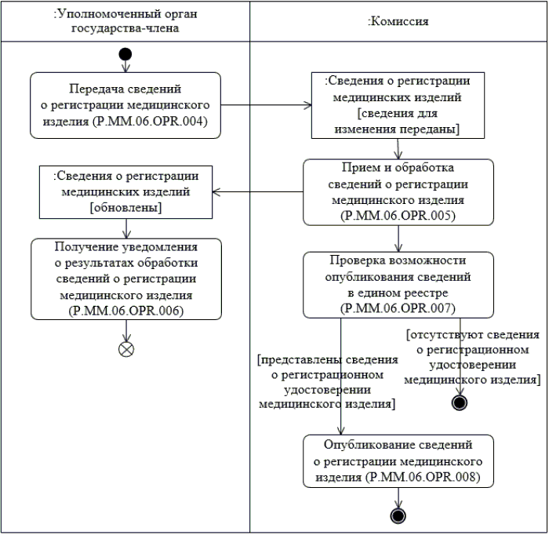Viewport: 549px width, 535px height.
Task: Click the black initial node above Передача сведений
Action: pos(125,54)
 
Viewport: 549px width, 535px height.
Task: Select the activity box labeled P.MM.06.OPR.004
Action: pos(126,105)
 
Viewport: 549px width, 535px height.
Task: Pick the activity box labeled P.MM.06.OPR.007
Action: pos(398,285)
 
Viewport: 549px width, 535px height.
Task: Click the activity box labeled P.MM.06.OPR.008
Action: pos(398,461)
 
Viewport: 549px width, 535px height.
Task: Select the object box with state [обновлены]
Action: pos(126,191)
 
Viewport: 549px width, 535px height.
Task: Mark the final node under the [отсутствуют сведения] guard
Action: pos(460,403)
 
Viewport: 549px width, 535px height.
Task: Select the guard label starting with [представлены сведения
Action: pos(327,382)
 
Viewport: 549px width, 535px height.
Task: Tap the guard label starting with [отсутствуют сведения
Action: pos(472,357)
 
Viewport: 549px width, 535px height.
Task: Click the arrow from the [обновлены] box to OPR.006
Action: pos(126,227)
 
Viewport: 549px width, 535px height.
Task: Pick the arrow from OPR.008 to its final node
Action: pos(398,497)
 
